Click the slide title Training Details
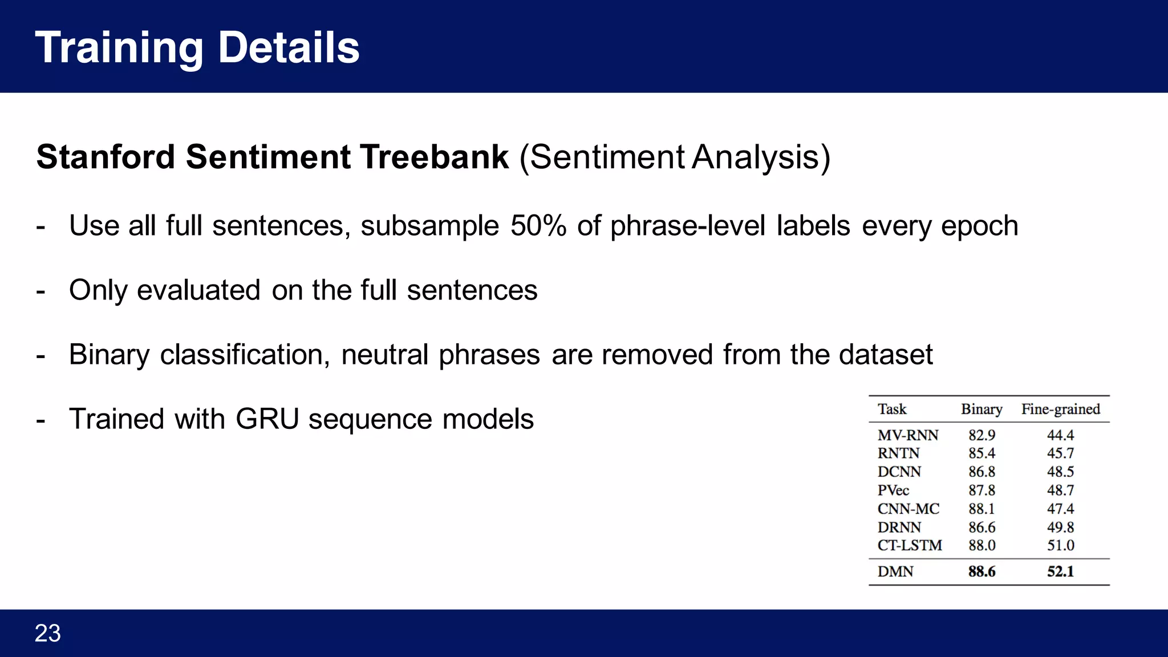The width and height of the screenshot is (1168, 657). click(197, 48)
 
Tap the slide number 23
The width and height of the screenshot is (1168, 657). click(47, 633)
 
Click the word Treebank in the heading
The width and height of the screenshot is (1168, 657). click(433, 157)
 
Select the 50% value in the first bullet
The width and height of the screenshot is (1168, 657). click(538, 226)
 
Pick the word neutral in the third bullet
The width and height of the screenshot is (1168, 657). click(384, 355)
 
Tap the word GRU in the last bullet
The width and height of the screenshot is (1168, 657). click(267, 419)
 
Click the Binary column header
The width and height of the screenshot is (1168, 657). click(981, 409)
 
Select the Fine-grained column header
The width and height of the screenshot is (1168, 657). click(1060, 409)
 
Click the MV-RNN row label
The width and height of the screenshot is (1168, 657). click(907, 435)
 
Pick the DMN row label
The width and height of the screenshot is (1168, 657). click(895, 571)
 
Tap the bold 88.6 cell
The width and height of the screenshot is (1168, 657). click(982, 571)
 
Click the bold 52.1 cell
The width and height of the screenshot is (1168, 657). click(1060, 571)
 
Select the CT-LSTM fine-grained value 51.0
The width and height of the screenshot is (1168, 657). click(1060, 545)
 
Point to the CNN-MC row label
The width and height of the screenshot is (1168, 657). click(908, 509)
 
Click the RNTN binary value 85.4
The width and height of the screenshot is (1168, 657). click(982, 453)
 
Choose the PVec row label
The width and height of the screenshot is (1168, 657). click(893, 490)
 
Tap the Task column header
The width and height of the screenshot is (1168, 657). click(892, 409)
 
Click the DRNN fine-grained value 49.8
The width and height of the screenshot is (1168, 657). click(1060, 527)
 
